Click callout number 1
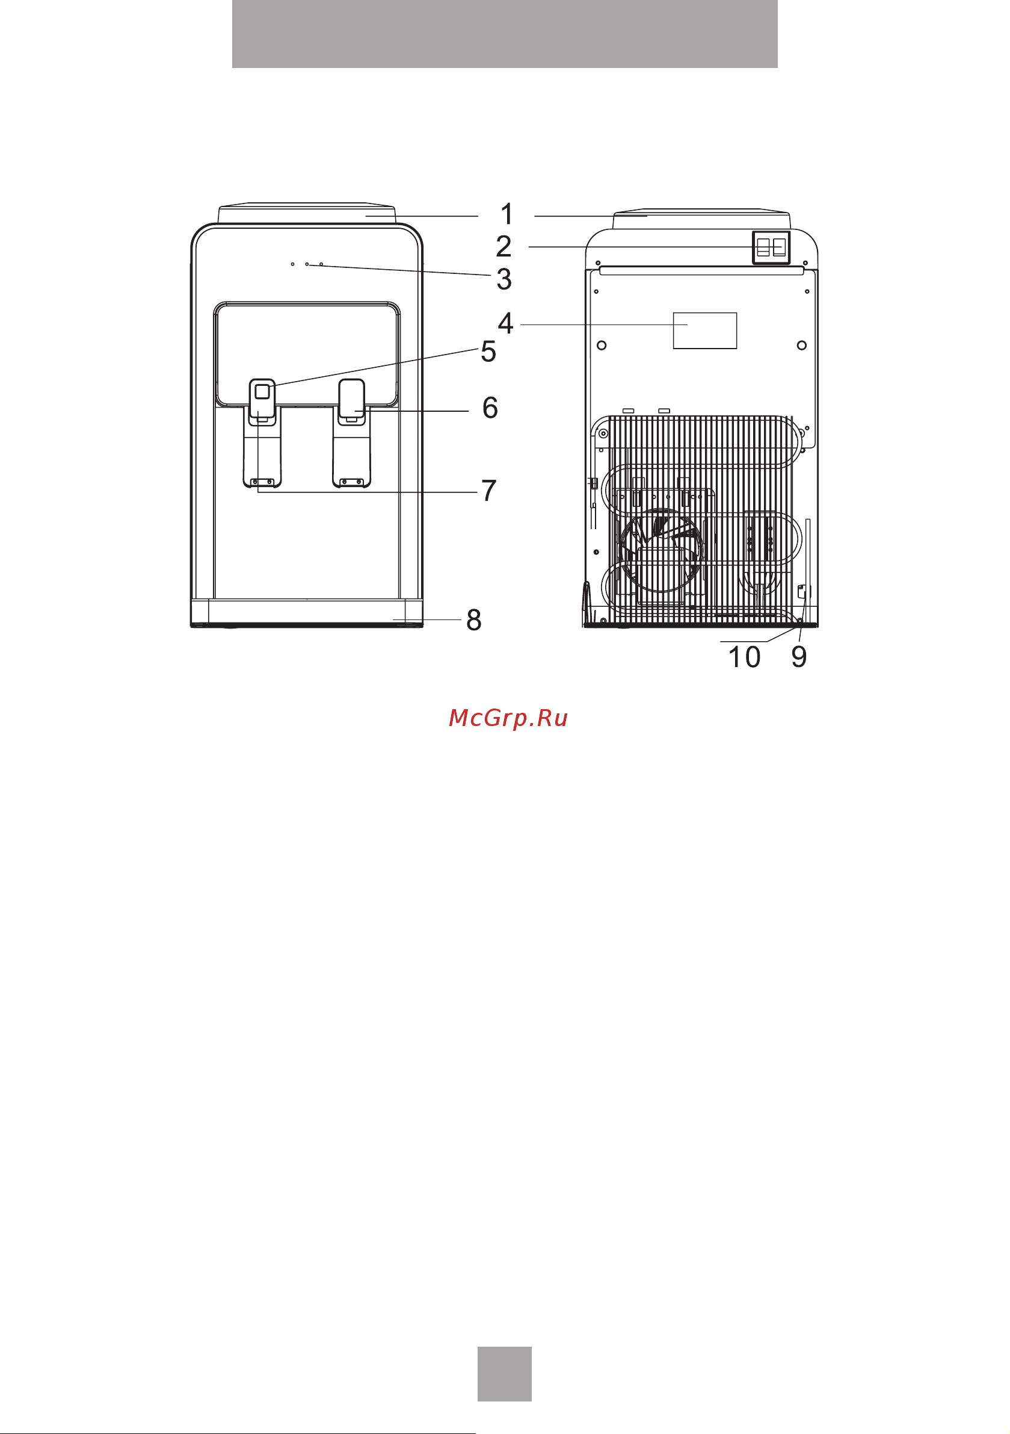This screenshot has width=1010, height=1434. pos(507,214)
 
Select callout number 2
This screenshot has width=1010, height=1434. pos(503,246)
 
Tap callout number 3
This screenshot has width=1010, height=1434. pos(503,279)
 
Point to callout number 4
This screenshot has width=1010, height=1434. pos(505,323)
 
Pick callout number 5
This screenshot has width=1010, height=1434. pos(488,352)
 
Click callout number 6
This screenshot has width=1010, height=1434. pos(490,407)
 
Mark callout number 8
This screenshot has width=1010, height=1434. pos(474,619)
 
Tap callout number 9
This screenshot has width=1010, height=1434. pos(799,656)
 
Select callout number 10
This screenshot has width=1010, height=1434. pos(744,656)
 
